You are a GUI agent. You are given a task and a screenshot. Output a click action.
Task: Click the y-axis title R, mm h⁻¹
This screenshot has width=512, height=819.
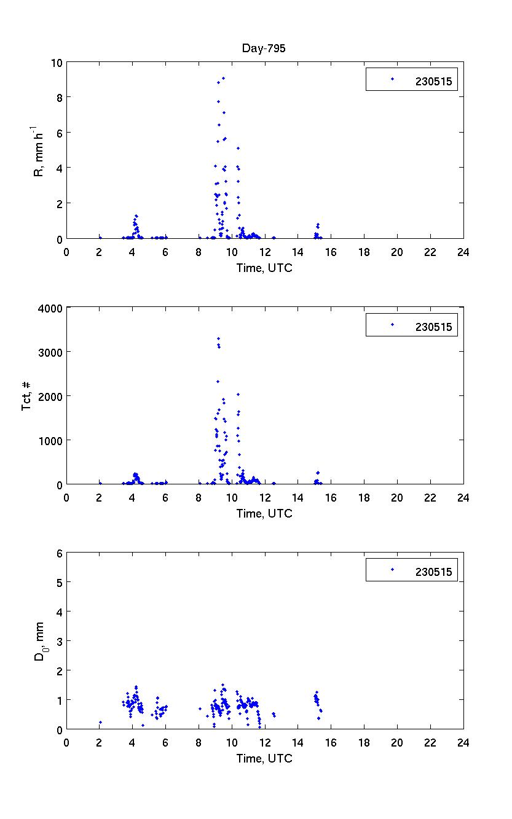tap(38, 150)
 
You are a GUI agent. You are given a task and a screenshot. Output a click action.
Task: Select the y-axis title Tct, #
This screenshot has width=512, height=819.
tap(27, 395)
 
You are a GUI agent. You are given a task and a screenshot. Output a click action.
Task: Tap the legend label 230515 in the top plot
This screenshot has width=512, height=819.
tap(433, 82)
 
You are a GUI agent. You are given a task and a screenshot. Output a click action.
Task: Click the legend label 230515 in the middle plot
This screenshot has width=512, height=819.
tap(433, 327)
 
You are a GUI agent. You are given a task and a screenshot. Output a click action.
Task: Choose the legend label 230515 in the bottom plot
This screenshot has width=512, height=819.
tap(433, 572)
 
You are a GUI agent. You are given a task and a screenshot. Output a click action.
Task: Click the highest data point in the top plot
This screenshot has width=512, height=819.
tap(223, 78)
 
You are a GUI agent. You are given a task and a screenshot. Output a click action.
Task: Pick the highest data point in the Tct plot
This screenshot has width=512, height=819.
tap(218, 338)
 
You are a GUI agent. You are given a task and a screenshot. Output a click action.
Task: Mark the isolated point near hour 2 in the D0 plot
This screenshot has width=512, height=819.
tap(100, 723)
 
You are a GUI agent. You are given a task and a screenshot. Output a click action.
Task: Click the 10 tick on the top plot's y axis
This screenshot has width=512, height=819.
tap(57, 63)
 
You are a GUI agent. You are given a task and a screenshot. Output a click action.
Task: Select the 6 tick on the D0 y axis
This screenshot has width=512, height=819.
tap(60, 553)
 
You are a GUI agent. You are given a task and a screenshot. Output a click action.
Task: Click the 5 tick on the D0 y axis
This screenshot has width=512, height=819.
tap(60, 582)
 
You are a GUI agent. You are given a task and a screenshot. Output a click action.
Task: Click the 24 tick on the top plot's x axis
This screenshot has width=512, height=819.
tap(463, 251)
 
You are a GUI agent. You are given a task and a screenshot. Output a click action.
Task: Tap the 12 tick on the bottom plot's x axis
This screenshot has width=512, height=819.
tap(265, 742)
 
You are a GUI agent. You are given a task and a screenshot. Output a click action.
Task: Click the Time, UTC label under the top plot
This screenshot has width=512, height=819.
tap(264, 268)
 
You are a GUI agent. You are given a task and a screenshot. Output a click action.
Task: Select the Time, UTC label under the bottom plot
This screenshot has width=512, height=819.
tap(264, 759)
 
